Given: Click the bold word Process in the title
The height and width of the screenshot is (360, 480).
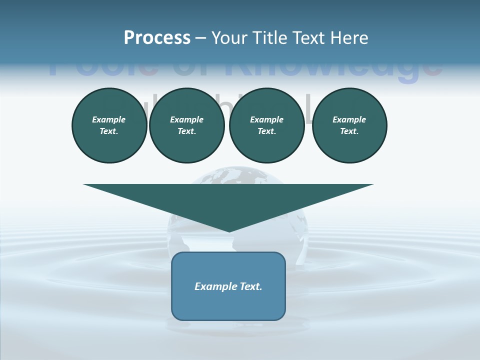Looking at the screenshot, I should click(157, 38).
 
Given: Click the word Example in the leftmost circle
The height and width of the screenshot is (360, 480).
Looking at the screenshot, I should click(109, 119).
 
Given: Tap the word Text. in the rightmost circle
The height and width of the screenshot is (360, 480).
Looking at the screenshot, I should click(349, 131).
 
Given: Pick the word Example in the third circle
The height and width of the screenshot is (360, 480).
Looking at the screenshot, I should click(266, 119).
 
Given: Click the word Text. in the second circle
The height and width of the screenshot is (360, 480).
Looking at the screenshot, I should click(186, 131).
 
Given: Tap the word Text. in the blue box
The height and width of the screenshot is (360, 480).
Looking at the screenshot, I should click(252, 286).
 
